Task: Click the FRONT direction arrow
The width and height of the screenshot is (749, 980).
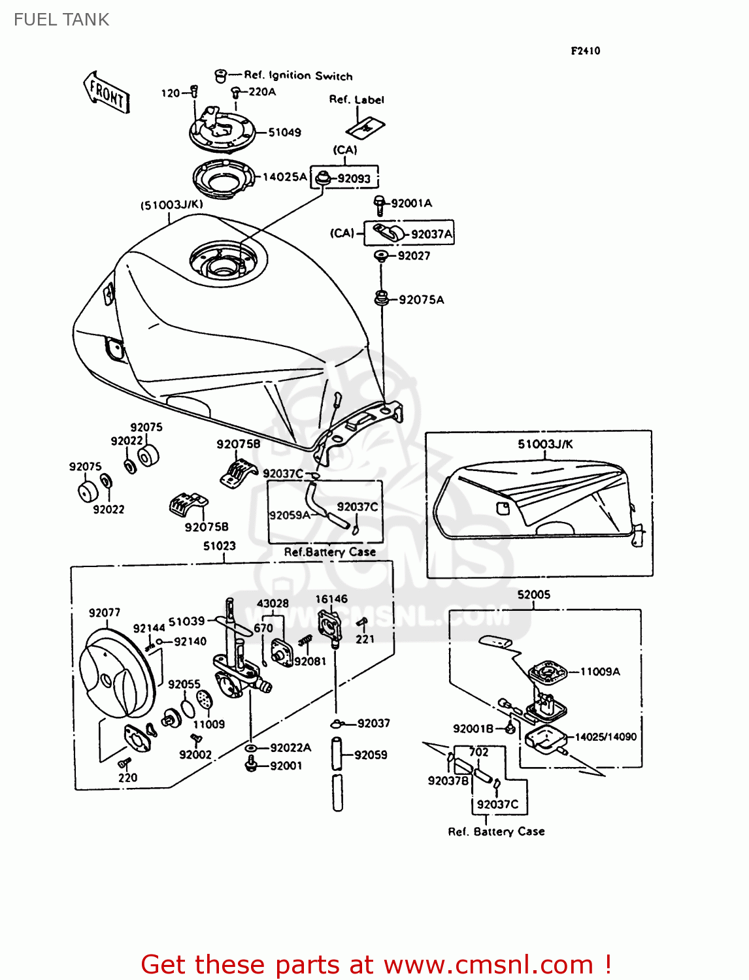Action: click(x=107, y=93)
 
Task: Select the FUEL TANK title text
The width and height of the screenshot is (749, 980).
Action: click(x=61, y=20)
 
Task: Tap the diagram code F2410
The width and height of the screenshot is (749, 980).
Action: click(x=585, y=51)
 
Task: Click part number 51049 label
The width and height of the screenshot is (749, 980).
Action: click(x=285, y=133)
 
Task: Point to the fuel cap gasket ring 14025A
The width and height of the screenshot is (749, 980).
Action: click(x=224, y=177)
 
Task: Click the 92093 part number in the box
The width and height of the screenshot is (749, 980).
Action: click(x=354, y=179)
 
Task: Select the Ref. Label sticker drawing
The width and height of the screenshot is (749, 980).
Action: click(x=365, y=127)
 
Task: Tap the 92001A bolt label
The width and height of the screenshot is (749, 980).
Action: click(x=411, y=203)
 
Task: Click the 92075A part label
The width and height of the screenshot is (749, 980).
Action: click(x=421, y=300)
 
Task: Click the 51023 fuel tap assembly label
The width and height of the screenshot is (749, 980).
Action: click(x=219, y=546)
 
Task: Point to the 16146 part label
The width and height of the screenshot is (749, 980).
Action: click(x=331, y=599)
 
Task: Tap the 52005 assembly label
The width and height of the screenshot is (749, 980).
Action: click(x=533, y=595)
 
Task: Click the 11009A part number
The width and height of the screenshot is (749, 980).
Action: click(x=600, y=672)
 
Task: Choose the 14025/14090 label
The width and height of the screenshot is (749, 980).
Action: click(x=605, y=737)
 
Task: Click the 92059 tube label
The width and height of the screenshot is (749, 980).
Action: click(x=371, y=755)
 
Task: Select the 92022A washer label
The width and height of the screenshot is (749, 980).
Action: click(x=290, y=748)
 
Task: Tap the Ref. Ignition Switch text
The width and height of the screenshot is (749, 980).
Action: click(x=298, y=76)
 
